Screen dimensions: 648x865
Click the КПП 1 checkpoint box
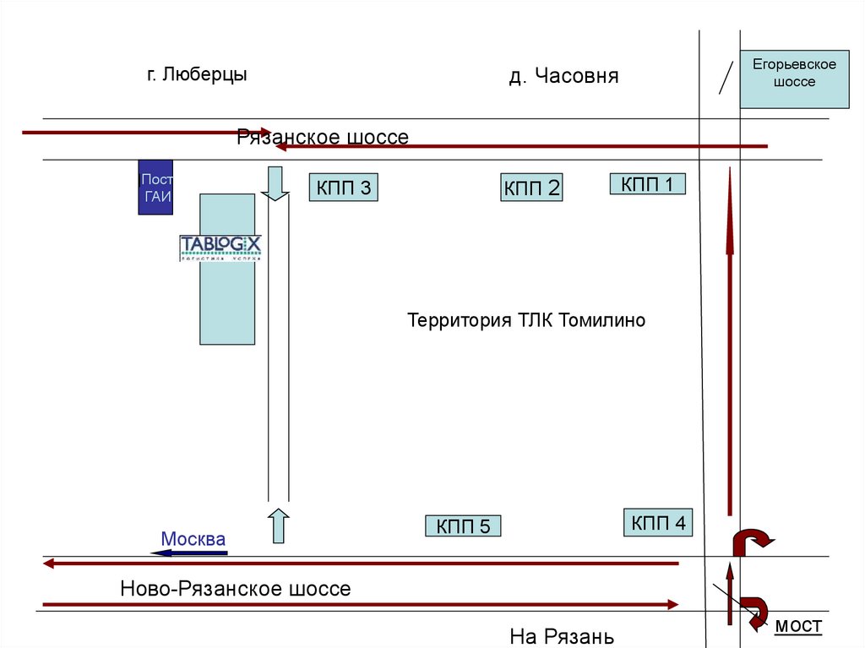pos(647,183)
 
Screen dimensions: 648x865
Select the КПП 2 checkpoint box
pos(531,188)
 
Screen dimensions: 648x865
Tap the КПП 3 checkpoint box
pos(343,188)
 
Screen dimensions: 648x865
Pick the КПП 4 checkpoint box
pos(657,522)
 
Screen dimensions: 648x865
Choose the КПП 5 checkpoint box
pos(463,526)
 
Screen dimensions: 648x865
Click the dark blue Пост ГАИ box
pos(156,188)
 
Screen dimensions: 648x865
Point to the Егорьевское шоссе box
pos(794,79)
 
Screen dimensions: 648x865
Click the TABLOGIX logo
pos(220,247)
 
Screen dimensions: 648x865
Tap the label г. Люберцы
pos(198,74)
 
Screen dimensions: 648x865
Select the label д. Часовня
pos(563,76)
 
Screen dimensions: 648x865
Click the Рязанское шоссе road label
pos(323,137)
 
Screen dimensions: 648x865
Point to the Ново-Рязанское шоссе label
pos(235,588)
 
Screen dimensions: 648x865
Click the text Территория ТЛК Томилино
pos(525,321)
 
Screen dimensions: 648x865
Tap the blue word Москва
pos(193,538)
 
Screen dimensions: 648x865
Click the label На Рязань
pos(561,636)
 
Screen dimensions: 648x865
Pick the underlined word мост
pos(797,625)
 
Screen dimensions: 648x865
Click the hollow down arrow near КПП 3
pos(275,183)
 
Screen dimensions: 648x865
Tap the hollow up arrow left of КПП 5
pos(279,525)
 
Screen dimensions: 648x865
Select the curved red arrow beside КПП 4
pos(750,542)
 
